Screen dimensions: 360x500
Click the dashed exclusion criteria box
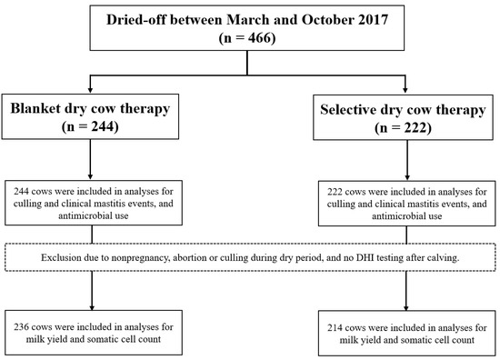click(250, 256)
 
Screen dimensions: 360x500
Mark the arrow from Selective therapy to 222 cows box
click(406, 164)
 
